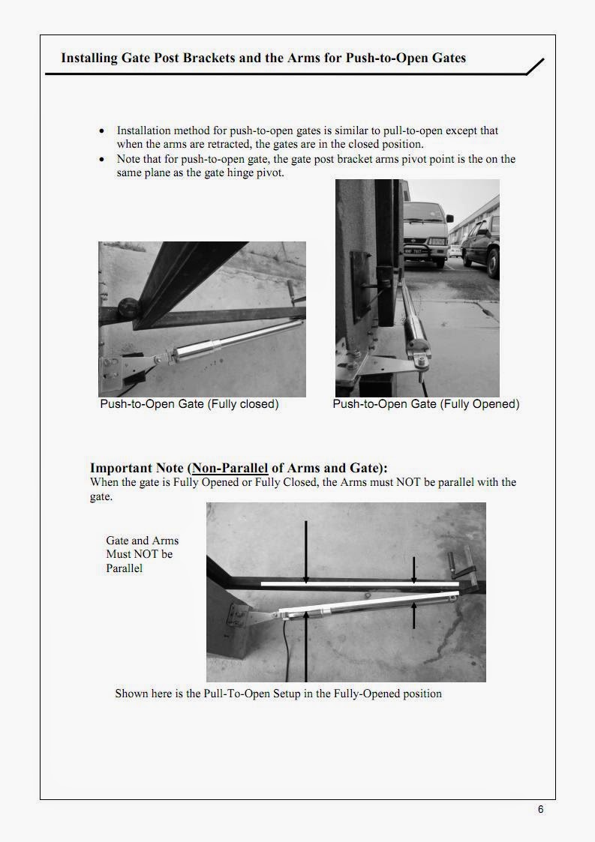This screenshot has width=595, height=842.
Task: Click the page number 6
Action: [540, 809]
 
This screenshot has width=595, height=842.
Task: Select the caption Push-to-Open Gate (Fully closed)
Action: [189, 404]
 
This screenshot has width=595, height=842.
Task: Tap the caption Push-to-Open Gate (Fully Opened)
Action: [425, 404]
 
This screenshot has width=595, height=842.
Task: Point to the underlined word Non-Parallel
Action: [230, 469]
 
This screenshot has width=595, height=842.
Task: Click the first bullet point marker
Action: [102, 131]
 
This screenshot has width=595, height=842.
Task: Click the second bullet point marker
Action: [102, 160]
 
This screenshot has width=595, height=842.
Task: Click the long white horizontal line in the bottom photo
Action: [359, 583]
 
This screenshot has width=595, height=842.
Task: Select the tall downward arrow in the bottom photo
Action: [305, 551]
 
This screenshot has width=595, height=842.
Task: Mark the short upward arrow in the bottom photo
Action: [414, 615]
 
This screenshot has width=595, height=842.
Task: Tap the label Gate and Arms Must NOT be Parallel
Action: [142, 554]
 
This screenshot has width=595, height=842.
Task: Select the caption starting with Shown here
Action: [278, 694]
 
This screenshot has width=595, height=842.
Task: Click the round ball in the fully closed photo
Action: [126, 307]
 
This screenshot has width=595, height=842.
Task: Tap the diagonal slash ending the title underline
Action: [534, 67]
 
